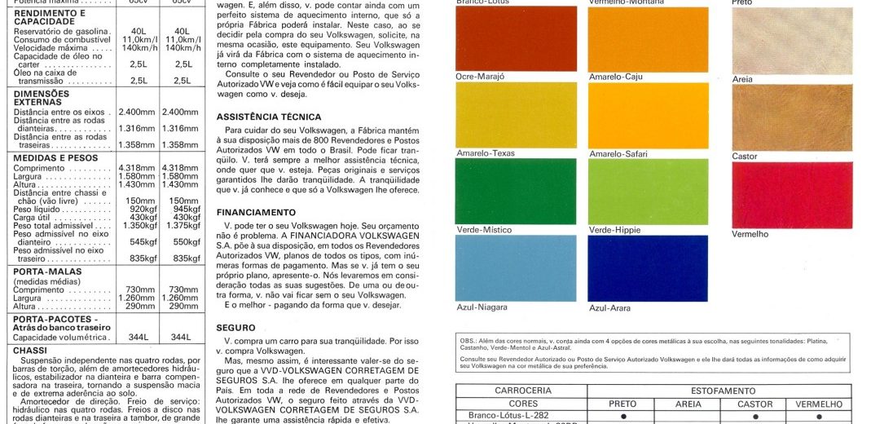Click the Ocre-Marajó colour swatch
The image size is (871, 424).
tap(515, 38)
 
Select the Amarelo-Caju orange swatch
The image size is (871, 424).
tap(648, 38)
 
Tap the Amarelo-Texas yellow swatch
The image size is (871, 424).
tap(515, 115)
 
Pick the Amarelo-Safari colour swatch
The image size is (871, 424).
tap(648, 115)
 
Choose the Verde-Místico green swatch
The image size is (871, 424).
tap(515, 191)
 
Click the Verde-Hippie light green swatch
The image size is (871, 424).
tap(648, 191)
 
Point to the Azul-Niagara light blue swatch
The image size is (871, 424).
tap(515, 267)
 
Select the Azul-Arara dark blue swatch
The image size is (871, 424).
tap(648, 267)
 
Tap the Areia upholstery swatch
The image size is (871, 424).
tap(792, 41)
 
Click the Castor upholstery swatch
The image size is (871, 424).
tap(792, 117)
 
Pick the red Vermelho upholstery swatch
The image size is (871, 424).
tap(792, 195)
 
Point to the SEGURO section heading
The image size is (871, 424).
tap(235, 327)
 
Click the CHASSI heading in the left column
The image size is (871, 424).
tap(31, 350)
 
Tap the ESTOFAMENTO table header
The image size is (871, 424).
tap(723, 391)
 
